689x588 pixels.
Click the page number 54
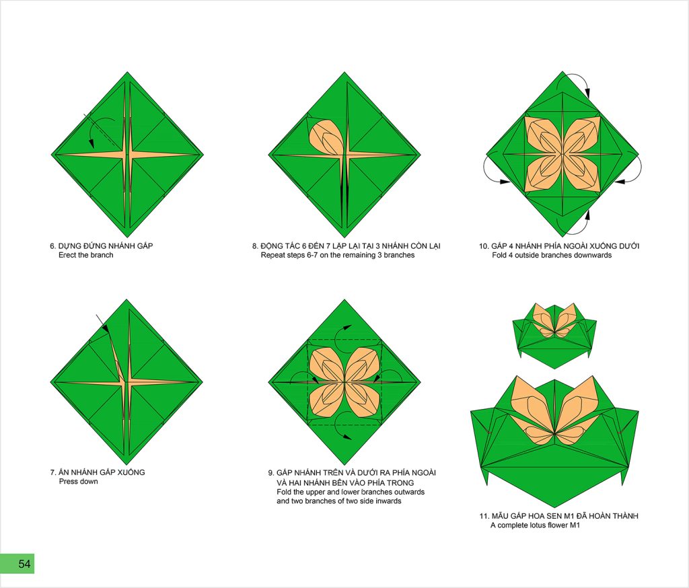click(24, 563)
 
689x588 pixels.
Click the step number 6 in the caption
click(52, 246)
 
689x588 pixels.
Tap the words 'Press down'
click(78, 482)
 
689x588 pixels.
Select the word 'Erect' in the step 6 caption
click(67, 256)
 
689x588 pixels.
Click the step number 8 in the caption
click(255, 246)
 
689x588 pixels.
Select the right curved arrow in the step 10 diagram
click(638, 169)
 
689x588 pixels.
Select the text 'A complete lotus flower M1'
click(535, 525)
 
